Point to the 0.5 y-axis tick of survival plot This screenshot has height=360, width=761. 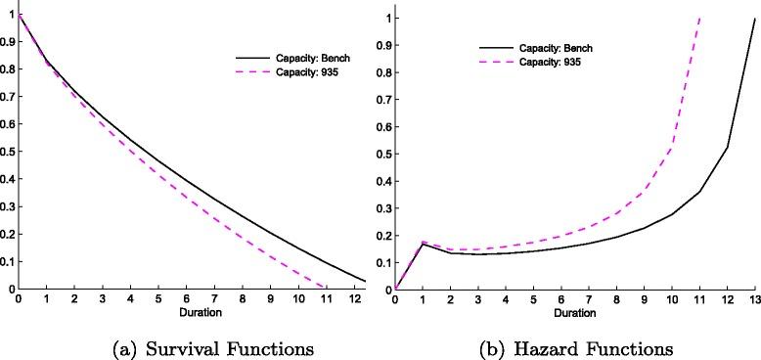(x=8, y=153)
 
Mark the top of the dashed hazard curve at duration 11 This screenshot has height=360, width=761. (x=700, y=18)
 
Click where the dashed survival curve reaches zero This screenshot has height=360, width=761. (x=326, y=288)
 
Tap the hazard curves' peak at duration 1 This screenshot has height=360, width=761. (x=424, y=242)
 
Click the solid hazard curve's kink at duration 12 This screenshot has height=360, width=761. (x=728, y=147)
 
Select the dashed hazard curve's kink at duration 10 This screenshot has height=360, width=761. (x=672, y=148)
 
